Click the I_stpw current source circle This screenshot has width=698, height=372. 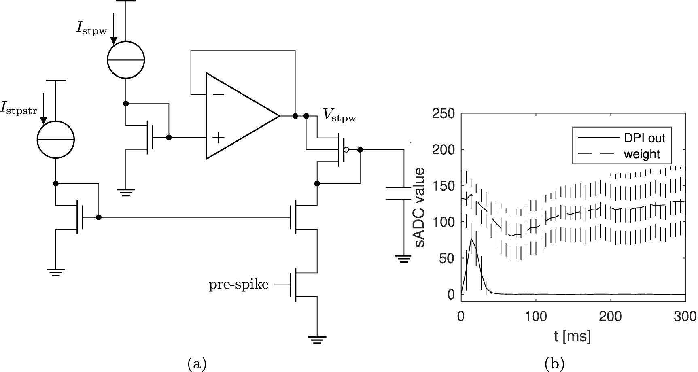click(x=126, y=60)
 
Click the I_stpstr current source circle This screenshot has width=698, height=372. click(x=56, y=140)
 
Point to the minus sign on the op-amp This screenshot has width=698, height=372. click(x=219, y=94)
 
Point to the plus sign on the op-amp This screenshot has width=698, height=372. click(x=219, y=138)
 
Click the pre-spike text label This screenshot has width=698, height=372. click(x=238, y=285)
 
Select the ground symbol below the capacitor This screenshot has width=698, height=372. click(x=403, y=258)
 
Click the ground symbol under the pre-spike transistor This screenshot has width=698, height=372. click(x=317, y=339)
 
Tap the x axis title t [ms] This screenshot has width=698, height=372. click(x=572, y=335)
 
